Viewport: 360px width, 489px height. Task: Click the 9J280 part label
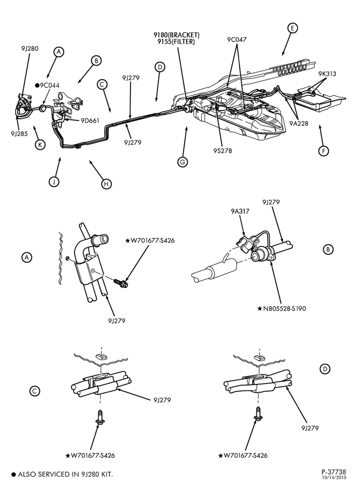[30, 48]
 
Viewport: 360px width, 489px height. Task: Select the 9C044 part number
[49, 86]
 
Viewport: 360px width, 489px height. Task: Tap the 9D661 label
[90, 121]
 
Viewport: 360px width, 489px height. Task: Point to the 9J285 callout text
[19, 134]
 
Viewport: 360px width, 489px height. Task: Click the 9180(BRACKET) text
[177, 35]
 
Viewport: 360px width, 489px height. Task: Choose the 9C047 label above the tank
[237, 40]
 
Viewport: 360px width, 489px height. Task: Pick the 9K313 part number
[327, 74]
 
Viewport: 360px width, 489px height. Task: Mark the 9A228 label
[298, 124]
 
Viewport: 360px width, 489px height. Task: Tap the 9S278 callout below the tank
[223, 151]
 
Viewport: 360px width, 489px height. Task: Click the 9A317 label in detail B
[240, 211]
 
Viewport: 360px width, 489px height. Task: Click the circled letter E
[292, 28]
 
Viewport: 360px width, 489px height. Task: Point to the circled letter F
[323, 151]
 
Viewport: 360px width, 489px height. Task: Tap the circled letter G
[182, 162]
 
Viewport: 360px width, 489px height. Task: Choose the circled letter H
[106, 184]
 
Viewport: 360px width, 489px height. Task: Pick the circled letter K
[40, 145]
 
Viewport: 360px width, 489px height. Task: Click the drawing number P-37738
[334, 472]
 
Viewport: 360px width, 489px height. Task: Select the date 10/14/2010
[334, 477]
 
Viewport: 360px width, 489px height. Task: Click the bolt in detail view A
[121, 283]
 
